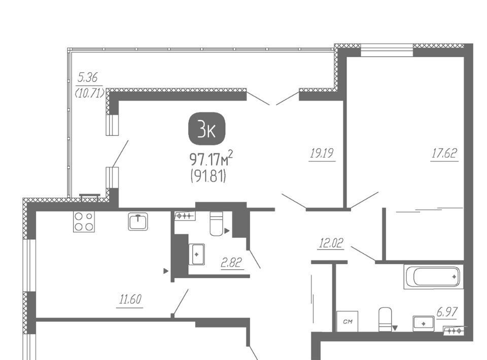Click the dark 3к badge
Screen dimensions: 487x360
coord(206,130)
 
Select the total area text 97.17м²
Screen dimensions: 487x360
coord(211,159)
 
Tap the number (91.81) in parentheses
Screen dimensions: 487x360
coord(208,176)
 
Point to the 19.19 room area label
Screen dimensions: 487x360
coord(322,153)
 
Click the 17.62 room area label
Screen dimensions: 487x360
coord(444,153)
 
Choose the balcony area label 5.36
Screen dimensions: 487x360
coord(88,77)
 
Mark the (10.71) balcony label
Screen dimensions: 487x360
coord(90,93)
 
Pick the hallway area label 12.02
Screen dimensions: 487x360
coord(331,243)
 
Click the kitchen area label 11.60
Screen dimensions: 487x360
coord(130,299)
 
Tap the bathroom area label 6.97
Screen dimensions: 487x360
coord(447,312)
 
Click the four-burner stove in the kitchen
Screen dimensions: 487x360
coord(84,222)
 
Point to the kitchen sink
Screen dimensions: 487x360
coord(138,222)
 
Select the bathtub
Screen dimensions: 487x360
coord(434,276)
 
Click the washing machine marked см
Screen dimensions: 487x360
coord(347,321)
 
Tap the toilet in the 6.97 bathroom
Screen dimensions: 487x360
coord(385,319)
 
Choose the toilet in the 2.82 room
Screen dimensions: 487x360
coord(217,224)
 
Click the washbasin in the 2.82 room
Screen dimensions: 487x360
coord(197,255)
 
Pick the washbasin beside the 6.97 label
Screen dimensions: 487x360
coord(423,323)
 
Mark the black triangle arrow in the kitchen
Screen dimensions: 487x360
coord(166,271)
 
